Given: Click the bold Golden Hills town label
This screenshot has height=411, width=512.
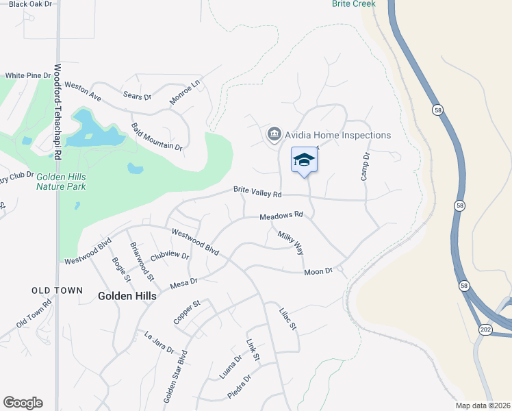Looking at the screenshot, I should pyautogui.click(x=127, y=296).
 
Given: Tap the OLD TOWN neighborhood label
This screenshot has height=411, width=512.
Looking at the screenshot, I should pyautogui.click(x=57, y=290).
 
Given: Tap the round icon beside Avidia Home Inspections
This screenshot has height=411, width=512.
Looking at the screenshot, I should pyautogui.click(x=274, y=133).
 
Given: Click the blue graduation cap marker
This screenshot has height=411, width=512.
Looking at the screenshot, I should pyautogui.click(x=305, y=160).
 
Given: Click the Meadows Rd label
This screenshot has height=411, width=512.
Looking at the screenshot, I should pyautogui.click(x=281, y=216).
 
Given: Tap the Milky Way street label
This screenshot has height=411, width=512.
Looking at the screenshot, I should pyautogui.click(x=290, y=243).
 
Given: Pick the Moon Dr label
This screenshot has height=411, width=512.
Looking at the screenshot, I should pyautogui.click(x=318, y=272).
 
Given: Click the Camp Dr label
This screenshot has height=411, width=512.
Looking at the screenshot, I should pyautogui.click(x=366, y=166).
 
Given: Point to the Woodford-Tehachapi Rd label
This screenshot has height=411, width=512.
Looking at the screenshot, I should pyautogui.click(x=57, y=113).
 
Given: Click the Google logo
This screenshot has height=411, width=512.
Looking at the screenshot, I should pyautogui.click(x=23, y=403).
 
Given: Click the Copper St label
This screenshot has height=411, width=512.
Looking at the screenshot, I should pyautogui.click(x=186, y=311).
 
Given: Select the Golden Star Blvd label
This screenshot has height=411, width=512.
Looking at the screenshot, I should pyautogui.click(x=174, y=378).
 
